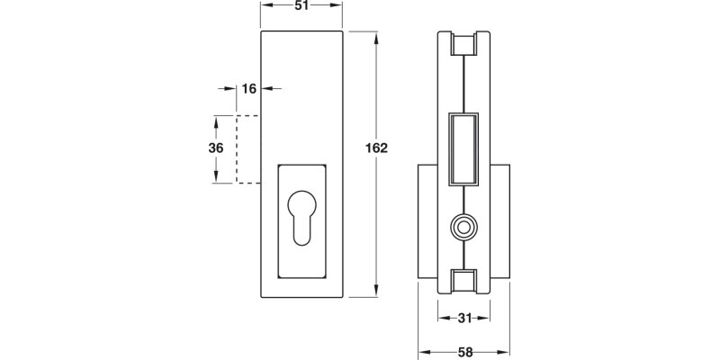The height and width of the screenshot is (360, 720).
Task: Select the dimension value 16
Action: pyautogui.click(x=249, y=88)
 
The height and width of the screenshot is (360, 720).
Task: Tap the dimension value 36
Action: pyautogui.click(x=216, y=148)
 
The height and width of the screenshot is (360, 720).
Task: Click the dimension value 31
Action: pyautogui.click(x=464, y=317)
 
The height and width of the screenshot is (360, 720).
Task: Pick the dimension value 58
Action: pyautogui.click(x=464, y=351)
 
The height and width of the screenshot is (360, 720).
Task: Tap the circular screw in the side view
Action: pyautogui.click(x=464, y=228)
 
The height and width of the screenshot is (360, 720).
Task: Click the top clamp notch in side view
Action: pyautogui.click(x=464, y=43)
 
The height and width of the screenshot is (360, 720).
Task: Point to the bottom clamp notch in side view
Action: pyautogui.click(x=464, y=280)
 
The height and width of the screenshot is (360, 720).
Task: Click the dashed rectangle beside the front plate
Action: pyautogui.click(x=248, y=149)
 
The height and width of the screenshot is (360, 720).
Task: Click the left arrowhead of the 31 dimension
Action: pyautogui.click(x=443, y=317)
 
